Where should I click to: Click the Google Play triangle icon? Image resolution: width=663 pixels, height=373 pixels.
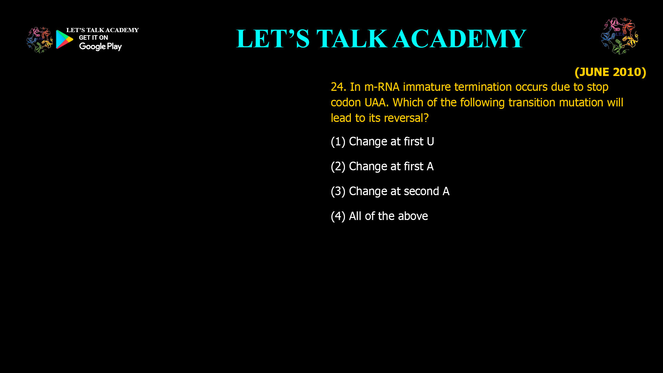64,39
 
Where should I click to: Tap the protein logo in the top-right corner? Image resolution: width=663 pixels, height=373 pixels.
619,36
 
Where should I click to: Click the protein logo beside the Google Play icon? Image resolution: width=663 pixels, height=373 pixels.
39,40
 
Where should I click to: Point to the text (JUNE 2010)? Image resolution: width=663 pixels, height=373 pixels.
610,72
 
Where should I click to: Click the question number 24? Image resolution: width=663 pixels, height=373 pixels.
338,87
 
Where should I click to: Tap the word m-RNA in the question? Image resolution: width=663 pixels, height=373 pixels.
382,87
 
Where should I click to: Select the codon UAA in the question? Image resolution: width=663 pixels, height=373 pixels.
375,103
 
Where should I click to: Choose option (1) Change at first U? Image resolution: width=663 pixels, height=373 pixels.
382,142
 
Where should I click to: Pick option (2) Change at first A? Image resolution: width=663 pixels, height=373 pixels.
382,166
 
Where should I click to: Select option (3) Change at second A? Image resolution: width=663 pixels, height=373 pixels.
390,191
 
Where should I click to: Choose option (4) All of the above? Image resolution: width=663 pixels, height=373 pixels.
379,216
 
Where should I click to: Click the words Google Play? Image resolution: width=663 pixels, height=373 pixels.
100,47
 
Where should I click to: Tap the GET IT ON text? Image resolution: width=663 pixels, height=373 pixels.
93,38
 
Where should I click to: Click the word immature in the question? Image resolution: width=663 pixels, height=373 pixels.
427,87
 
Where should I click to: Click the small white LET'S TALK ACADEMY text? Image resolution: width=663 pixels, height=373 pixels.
102,30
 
